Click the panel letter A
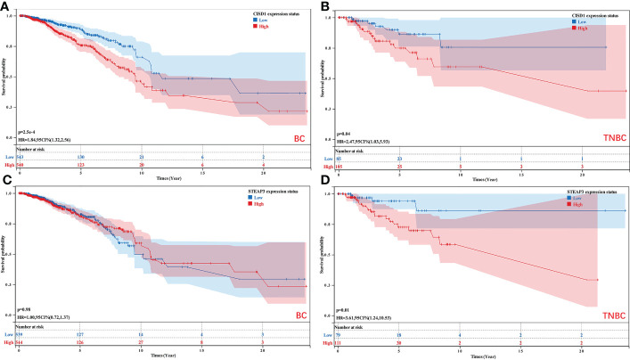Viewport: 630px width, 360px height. tap(6, 6)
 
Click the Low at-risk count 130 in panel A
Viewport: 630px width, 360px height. tap(81, 155)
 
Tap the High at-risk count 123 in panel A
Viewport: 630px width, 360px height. tap(81, 165)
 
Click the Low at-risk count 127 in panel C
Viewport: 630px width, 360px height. tap(81, 335)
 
